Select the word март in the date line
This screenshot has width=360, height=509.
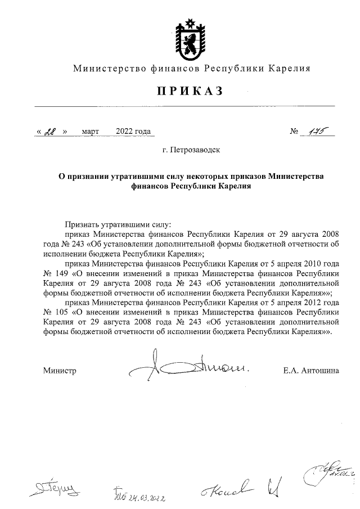(90, 132)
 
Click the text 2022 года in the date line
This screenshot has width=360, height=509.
(133, 132)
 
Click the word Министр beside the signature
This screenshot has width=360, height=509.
(59, 371)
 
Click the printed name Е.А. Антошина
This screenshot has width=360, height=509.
(312, 371)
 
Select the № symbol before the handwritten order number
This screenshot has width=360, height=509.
(294, 132)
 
